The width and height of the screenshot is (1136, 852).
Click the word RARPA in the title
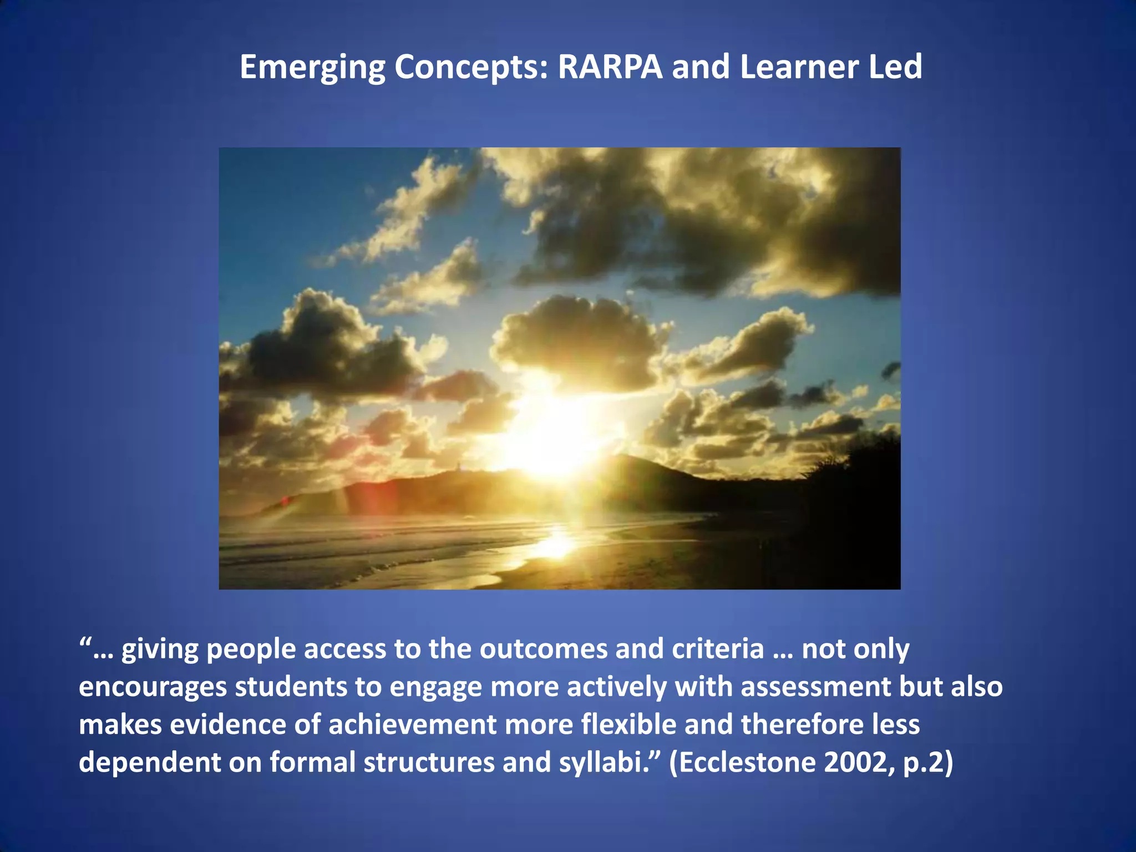point(610,67)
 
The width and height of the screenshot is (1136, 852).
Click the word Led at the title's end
point(895,67)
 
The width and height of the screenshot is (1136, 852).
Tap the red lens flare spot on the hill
point(286,501)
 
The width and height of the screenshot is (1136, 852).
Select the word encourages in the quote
point(153,688)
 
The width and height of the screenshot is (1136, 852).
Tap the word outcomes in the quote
point(544,649)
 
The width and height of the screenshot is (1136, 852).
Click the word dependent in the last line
point(149,763)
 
